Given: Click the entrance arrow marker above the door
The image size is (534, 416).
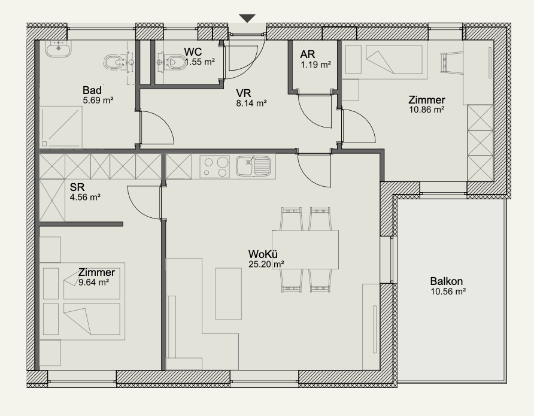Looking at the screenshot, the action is point(247,19).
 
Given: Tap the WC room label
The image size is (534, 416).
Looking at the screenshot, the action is point(193,51).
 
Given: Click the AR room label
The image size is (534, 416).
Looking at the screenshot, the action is point(308,54).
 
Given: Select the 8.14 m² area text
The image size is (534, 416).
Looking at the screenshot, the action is point(251,103).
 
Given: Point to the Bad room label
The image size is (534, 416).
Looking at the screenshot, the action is point(92,90).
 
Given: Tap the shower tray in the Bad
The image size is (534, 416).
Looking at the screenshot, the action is point(61,127).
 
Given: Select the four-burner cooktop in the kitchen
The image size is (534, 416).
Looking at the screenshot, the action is point(214,166).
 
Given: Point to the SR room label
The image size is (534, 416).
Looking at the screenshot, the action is point(77,187).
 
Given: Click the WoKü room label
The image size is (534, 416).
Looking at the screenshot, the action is point(263,254).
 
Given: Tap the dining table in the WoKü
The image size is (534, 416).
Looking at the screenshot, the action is point(305,250).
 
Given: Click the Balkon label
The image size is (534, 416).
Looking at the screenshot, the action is point(446,281).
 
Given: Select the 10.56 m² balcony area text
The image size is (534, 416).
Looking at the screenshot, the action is point(448,291).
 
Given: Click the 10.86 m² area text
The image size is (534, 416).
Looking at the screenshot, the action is point(427,110).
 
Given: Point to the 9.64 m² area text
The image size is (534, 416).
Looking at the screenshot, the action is point(93,282).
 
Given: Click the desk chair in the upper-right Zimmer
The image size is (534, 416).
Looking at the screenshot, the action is point(451,62).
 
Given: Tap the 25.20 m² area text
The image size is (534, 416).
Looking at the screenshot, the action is point(266,264).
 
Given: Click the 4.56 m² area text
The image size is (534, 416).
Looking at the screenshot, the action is point(85,197).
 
